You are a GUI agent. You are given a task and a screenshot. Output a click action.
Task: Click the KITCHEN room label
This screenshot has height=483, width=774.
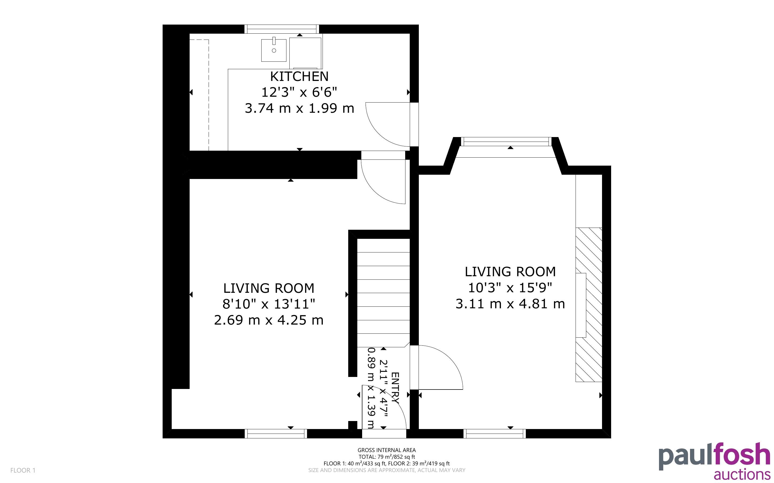299,76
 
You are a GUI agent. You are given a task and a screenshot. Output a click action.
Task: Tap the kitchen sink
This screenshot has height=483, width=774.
274,50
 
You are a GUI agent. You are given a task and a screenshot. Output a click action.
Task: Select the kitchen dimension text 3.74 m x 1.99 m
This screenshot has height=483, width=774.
300,108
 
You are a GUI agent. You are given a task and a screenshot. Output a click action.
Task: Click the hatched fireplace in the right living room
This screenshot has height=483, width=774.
589,305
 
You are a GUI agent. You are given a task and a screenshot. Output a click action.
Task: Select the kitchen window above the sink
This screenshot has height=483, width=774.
282,29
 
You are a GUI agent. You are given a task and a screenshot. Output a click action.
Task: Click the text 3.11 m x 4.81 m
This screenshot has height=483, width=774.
510,304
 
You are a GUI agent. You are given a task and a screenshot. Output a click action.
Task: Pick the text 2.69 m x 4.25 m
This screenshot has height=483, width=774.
269,320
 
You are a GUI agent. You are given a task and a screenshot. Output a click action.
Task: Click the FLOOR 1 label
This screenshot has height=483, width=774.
23,470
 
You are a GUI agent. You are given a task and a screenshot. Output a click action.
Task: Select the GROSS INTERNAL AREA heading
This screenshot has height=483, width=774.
386,450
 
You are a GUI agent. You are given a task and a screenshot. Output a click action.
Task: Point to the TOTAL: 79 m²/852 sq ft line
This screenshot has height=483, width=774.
386,457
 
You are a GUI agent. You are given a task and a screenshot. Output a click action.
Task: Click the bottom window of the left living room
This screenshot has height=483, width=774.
275,434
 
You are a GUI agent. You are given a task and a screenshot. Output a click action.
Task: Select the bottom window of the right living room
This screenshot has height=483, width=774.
494,434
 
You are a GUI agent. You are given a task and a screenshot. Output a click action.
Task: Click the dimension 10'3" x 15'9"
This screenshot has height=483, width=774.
510,288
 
